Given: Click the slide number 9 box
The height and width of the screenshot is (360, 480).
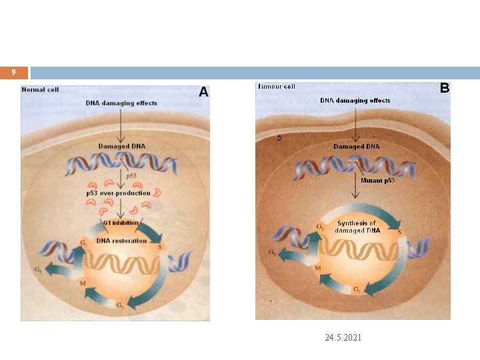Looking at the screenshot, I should click(x=13, y=73).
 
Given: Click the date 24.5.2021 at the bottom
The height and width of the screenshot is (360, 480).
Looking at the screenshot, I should click(x=343, y=338).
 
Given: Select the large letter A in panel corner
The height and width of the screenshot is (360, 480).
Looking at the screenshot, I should click(x=203, y=93).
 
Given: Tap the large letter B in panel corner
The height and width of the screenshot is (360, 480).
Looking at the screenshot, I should click(x=444, y=88).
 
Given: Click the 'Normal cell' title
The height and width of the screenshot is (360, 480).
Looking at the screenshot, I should click(x=40, y=89).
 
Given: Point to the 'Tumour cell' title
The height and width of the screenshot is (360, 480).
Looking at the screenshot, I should click(x=276, y=87).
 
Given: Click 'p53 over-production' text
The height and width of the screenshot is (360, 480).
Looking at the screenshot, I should click(x=118, y=193).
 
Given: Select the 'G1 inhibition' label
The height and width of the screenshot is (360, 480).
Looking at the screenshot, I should click(x=120, y=223).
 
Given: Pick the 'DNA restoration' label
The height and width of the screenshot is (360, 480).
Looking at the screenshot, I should click(x=121, y=241).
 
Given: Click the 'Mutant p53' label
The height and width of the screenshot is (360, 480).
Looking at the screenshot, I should click(x=378, y=181).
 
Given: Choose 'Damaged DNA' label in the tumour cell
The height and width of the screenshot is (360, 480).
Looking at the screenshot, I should click(x=356, y=146).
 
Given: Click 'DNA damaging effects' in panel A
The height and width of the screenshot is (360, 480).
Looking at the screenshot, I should click(x=121, y=103).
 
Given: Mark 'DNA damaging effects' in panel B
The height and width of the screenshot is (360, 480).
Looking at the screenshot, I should click(x=355, y=101).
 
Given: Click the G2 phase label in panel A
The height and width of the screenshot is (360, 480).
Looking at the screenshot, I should click(x=120, y=305).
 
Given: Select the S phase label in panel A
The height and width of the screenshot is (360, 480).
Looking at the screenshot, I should click(x=160, y=247).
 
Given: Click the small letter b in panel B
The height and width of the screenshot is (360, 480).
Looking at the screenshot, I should click(x=279, y=138).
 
